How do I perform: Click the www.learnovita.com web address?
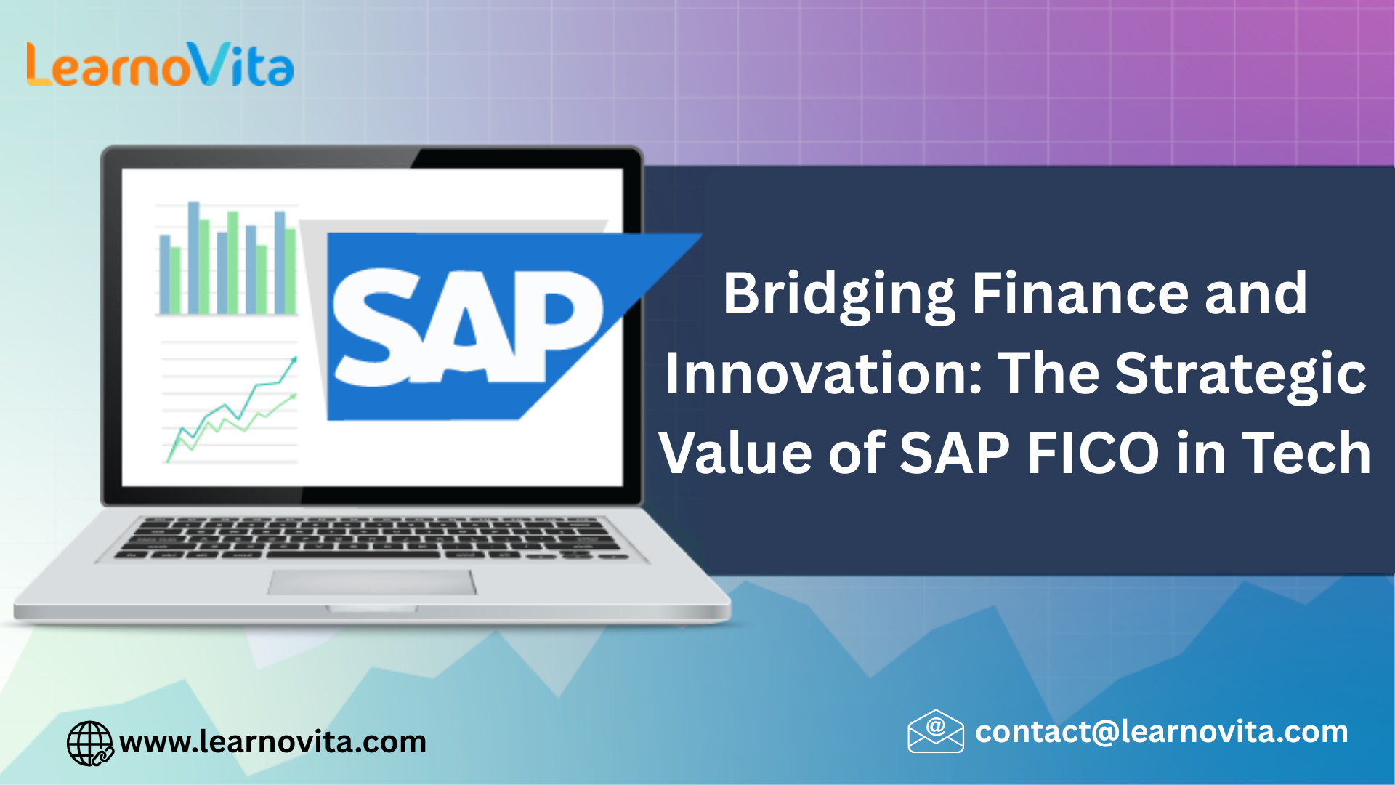coord(273,742)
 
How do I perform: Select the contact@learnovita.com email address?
coord(1162,732)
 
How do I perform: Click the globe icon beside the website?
coord(90,744)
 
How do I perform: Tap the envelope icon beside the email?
coord(936,731)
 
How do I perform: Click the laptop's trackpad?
coord(372,582)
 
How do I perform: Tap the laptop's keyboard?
coord(371,539)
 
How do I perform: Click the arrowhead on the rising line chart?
coord(294,360)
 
